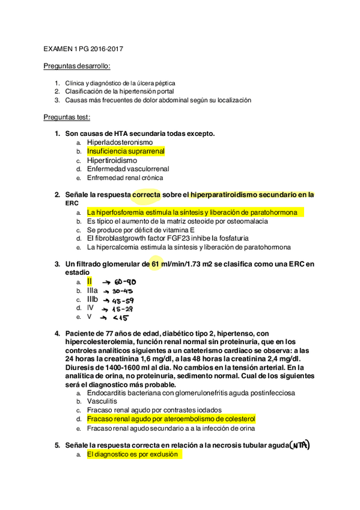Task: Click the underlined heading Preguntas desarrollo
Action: pos(78,66)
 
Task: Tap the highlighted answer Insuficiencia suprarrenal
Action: pos(126,152)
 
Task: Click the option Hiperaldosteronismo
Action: pos(120,143)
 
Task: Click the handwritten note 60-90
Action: pos(123,283)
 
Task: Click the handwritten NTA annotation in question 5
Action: pos(299,445)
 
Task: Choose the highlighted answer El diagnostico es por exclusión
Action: pos(133,455)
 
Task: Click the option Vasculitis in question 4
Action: pos(102,401)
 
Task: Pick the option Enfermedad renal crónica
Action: pos(125,178)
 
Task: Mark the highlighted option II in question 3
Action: pos(90,281)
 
